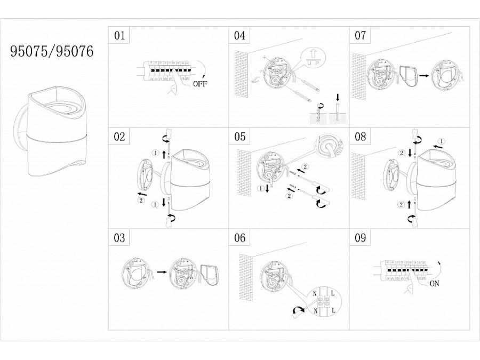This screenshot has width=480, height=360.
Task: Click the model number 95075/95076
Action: pyautogui.click(x=52, y=51)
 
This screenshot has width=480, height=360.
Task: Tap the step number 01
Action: pyautogui.click(x=119, y=35)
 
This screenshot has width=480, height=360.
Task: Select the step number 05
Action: pyautogui.click(x=239, y=137)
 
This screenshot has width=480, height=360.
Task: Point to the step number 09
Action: pyautogui.click(x=361, y=237)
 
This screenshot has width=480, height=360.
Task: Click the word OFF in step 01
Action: pyautogui.click(x=200, y=84)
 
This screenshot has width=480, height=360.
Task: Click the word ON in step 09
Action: pyautogui.click(x=434, y=284)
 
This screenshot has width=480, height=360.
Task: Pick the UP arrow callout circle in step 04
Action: pyautogui.click(x=313, y=58)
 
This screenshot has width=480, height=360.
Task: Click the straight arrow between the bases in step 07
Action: pyautogui.click(x=424, y=75)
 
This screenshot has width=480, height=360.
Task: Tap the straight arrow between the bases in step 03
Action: pyautogui.click(x=162, y=272)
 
